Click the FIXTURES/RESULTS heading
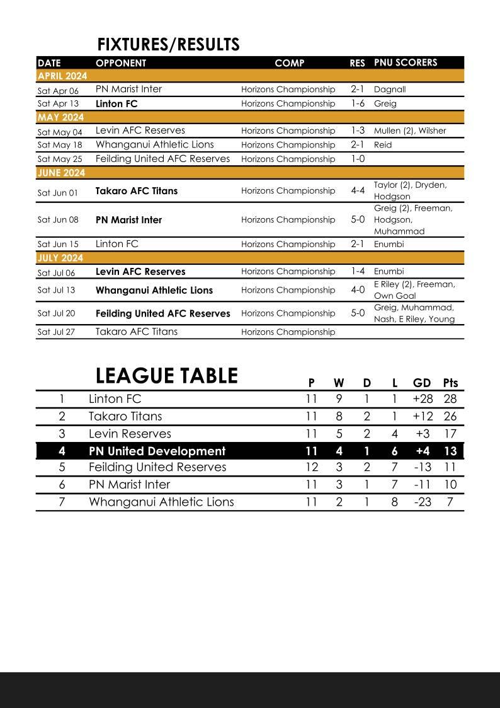pos(168,45)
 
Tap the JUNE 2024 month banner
pos(61,173)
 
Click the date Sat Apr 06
pos(58,90)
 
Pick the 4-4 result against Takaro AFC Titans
pos(358,190)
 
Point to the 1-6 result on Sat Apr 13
pos(358,103)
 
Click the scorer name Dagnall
pos(390,90)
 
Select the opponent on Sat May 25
pos(162,159)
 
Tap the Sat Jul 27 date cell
pos(56,332)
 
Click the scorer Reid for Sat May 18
pos(383,145)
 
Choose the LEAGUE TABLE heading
pos(166,376)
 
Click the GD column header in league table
pos(421,383)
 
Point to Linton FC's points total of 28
pos(450,399)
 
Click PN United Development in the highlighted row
pos(157,451)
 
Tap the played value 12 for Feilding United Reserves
pos(311,467)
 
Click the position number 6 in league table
pos(62,485)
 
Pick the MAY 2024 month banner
pos(60,117)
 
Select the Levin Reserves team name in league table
pos(130,434)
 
